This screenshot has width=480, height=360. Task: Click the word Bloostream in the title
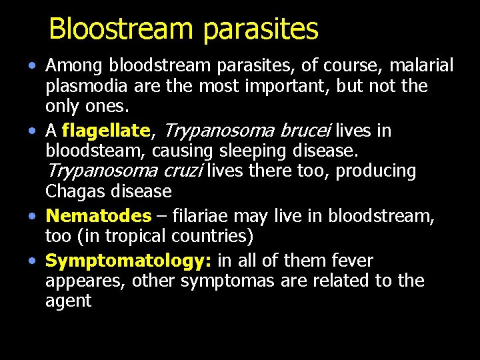pyautogui.click(x=121, y=29)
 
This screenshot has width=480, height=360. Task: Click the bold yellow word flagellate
pyautogui.click(x=106, y=131)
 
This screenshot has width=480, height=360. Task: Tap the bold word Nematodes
pyautogui.click(x=99, y=216)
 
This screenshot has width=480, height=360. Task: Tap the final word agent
pyautogui.click(x=68, y=301)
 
